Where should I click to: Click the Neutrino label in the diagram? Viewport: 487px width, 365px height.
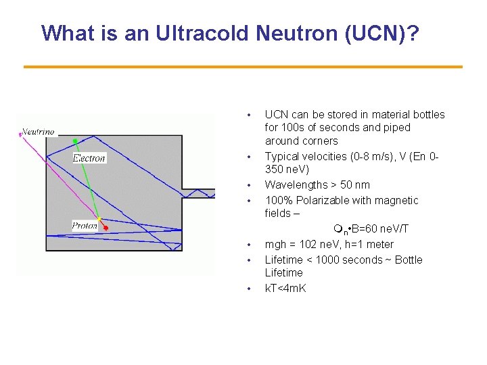(x=39, y=131)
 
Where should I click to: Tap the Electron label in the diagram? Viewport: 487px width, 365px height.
(x=89, y=158)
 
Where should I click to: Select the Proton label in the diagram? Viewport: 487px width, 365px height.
(x=85, y=226)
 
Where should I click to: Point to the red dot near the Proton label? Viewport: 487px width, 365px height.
(x=106, y=229)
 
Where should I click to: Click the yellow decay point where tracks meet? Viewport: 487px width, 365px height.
(x=100, y=219)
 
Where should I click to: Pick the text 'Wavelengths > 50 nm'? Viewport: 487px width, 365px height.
(x=317, y=185)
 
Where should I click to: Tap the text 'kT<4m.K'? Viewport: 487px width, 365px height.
(x=285, y=289)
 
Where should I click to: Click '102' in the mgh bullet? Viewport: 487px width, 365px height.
(x=318, y=244)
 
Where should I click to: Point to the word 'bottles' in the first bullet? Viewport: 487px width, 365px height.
(x=428, y=114)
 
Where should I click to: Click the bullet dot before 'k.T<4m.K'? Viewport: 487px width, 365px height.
(x=249, y=289)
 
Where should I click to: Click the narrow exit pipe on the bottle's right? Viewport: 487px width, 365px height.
(x=199, y=193)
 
